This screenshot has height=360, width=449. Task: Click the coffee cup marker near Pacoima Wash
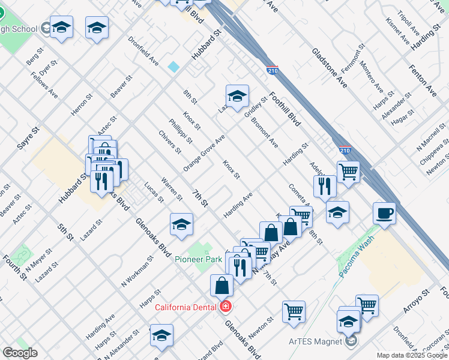point(384,213)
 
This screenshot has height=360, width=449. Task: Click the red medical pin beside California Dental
point(226,307)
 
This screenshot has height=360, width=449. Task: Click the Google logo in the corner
point(20,352)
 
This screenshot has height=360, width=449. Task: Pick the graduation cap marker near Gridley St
point(237,95)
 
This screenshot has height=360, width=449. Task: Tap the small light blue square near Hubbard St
point(173,67)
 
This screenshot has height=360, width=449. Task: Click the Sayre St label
point(28,138)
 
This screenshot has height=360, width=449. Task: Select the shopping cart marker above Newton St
point(294,311)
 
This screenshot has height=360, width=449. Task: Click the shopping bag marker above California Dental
point(222,285)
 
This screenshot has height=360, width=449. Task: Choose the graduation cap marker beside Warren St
point(181,224)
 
